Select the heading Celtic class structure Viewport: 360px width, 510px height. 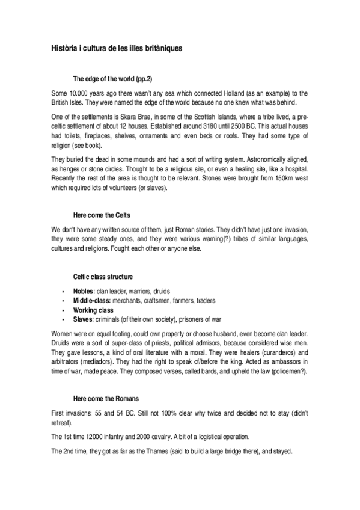coord(99,276)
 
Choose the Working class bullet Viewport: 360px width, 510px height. coord(93,309)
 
